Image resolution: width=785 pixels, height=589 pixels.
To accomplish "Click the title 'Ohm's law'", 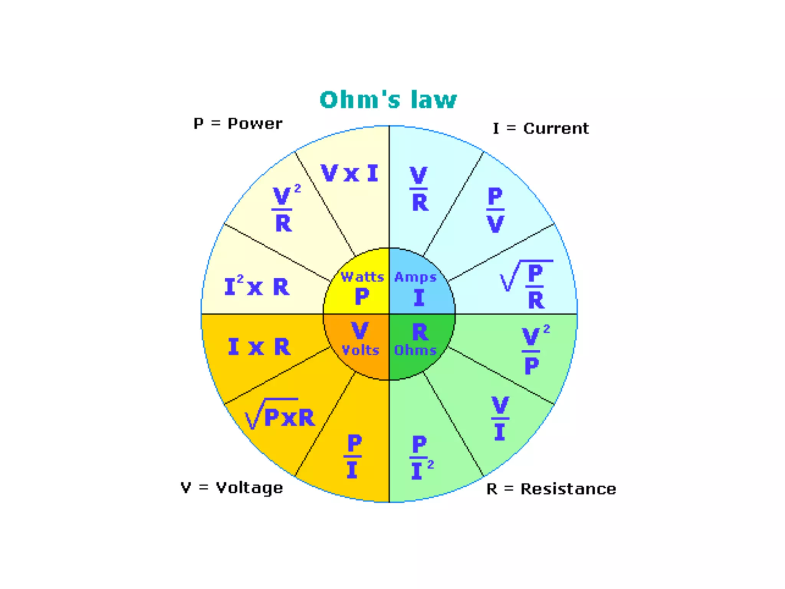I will click(x=388, y=100).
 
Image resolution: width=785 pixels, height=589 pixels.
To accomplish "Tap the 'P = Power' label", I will click(x=238, y=124).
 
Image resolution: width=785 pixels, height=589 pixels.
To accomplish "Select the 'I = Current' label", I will click(x=540, y=128).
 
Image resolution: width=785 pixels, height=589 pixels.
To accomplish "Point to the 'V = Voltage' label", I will click(x=232, y=488).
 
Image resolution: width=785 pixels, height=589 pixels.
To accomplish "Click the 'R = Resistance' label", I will click(x=551, y=489).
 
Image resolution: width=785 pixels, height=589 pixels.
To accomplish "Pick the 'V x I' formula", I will click(x=349, y=173).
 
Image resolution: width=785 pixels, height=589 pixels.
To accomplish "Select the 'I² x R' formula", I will click(x=257, y=286).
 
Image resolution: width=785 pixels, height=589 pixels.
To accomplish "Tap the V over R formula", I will click(x=419, y=189).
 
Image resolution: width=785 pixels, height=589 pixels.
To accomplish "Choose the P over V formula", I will click(x=495, y=210).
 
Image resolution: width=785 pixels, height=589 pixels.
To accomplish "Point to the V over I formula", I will click(x=500, y=418).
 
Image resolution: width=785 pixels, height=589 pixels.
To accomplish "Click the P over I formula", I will click(x=353, y=456).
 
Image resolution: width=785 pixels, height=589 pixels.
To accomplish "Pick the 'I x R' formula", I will click(x=259, y=347).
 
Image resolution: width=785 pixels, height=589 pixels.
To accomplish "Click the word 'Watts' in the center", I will click(x=362, y=276).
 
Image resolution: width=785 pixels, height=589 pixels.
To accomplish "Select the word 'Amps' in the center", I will click(x=415, y=277).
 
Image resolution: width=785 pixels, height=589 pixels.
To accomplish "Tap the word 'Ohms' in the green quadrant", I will click(x=415, y=350).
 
